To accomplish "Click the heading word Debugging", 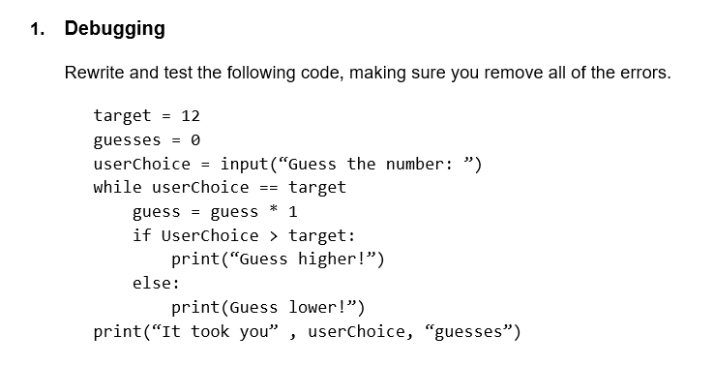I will (114, 28).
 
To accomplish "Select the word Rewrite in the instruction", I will (95, 73).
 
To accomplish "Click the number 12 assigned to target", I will (191, 115).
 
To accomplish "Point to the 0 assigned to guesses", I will (195, 139).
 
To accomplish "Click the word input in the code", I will (244, 163).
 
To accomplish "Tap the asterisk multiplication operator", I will (274, 211).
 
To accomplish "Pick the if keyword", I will (141, 235).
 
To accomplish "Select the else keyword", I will (154, 284).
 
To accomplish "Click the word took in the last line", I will (210, 332).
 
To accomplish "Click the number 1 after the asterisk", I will (293, 211).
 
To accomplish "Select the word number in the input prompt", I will (416, 163).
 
